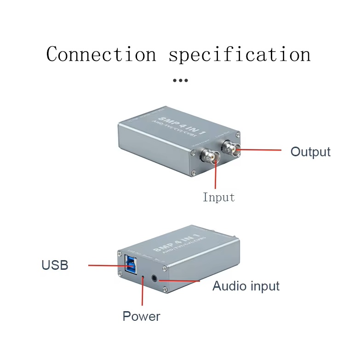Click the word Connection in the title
point(101,54)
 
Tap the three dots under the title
point(180,80)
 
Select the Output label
point(310,152)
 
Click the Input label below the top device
point(219,198)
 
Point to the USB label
point(55,265)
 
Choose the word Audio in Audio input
point(229,286)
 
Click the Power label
point(141,316)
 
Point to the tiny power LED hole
point(143,277)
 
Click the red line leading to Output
point(260,150)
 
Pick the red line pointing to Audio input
point(182,280)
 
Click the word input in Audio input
point(263,286)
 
